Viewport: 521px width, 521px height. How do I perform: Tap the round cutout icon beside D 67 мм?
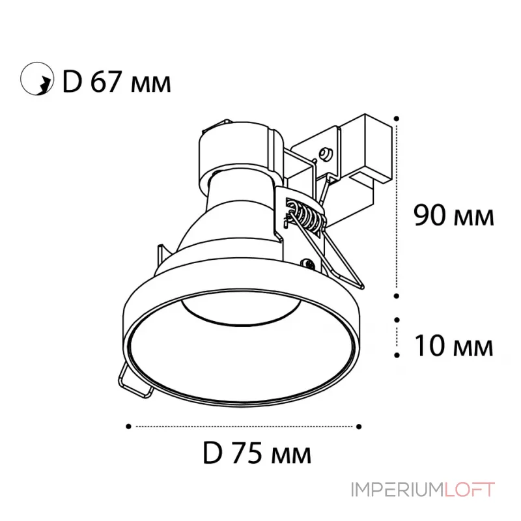coord(37,79)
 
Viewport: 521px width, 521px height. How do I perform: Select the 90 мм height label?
coord(453,216)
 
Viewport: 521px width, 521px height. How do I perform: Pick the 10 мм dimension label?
coord(453,346)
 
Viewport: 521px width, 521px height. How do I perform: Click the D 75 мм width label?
coord(257,453)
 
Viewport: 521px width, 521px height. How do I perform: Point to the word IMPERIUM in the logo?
coord(397,490)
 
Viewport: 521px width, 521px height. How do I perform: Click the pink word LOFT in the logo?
coord(470,490)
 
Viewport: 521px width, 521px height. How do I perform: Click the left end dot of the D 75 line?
coord(128,427)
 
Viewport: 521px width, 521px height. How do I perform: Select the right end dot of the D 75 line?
coord(359,427)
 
